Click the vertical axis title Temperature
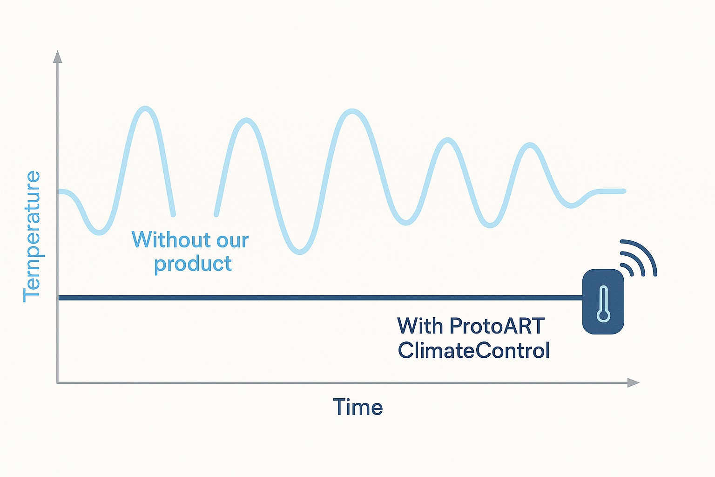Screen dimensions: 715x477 [x=32, y=237]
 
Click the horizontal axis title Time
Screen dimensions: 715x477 [x=357, y=407]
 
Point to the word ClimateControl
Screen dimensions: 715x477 [x=474, y=350]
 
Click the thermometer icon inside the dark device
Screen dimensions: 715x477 [x=603, y=304]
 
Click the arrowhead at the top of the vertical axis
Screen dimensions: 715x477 [x=57, y=56]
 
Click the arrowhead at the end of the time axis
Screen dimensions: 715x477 [x=633, y=382]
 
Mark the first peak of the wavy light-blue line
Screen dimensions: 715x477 [x=146, y=109]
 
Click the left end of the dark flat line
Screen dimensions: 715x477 [x=59, y=298]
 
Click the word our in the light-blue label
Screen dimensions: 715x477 [x=233, y=240]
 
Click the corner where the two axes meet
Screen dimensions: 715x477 [x=57, y=382]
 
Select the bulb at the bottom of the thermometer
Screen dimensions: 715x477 [x=603, y=315]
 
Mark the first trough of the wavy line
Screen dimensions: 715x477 [x=99, y=232]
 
